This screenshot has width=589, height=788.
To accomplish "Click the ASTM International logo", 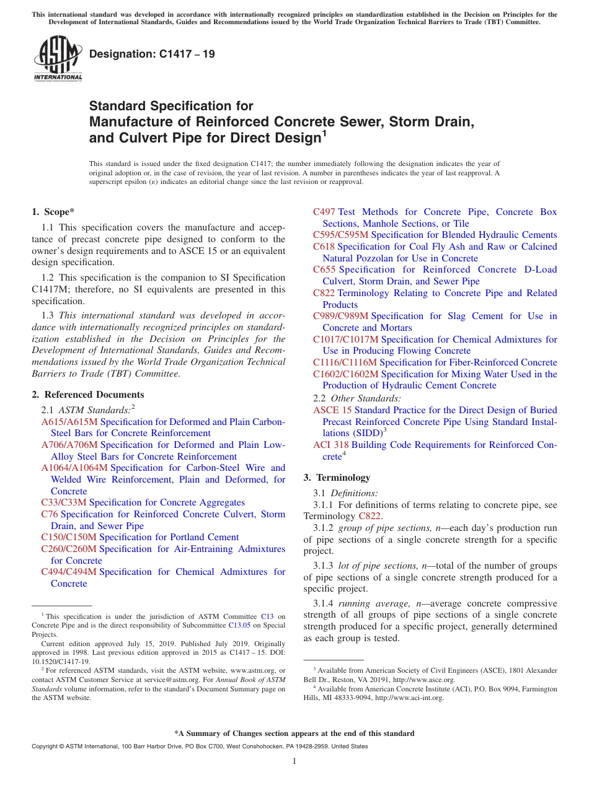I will (58, 59).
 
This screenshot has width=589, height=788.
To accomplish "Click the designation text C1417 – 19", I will (152, 54).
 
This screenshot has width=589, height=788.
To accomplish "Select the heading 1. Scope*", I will (53, 212).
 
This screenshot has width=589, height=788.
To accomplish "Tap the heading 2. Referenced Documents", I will (87, 395).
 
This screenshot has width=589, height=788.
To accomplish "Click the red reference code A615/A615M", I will (69, 422).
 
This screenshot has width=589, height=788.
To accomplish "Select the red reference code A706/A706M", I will (69, 445).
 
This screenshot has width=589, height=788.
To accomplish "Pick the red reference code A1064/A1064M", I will (74, 468).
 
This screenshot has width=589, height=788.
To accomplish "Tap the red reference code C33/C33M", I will (64, 502).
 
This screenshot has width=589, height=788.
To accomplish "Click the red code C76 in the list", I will (50, 514).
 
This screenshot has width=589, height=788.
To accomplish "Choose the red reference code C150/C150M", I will (69, 537).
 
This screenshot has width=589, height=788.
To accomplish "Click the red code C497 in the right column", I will (324, 212).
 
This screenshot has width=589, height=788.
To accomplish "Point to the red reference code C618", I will (324, 247).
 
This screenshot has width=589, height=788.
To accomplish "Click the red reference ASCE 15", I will (332, 410).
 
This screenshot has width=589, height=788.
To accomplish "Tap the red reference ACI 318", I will (331, 445).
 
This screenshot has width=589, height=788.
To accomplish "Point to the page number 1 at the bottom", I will (294, 761).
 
